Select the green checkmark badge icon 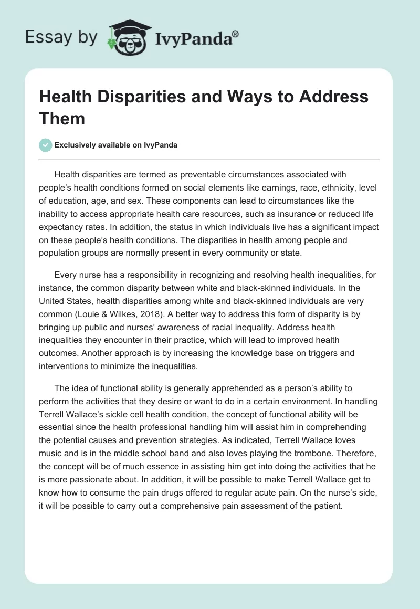pos(46,145)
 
